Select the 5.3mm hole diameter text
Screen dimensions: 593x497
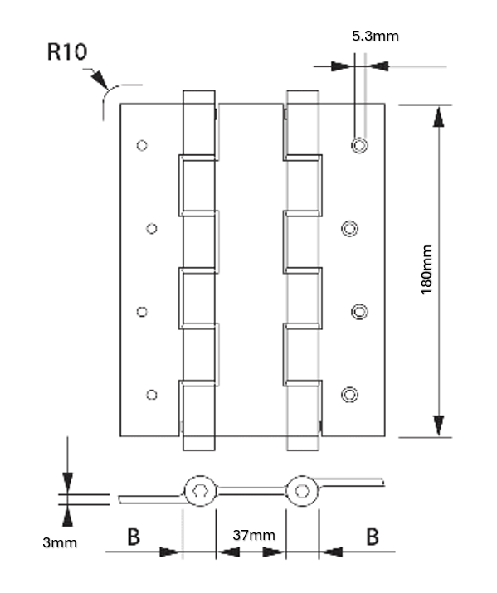point(375,36)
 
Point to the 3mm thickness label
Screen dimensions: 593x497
point(59,543)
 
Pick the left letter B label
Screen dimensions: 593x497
point(133,537)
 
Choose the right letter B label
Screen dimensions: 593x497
point(373,537)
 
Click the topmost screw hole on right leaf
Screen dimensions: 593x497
point(359,145)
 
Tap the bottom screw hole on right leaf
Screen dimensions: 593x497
point(351,394)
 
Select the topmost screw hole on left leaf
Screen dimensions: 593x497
point(142,145)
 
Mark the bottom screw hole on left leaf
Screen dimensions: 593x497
point(151,395)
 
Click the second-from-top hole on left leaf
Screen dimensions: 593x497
point(151,228)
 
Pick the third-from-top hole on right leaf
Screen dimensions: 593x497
point(359,311)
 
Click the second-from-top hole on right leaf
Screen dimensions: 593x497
point(351,228)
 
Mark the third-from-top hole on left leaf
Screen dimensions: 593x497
point(142,312)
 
